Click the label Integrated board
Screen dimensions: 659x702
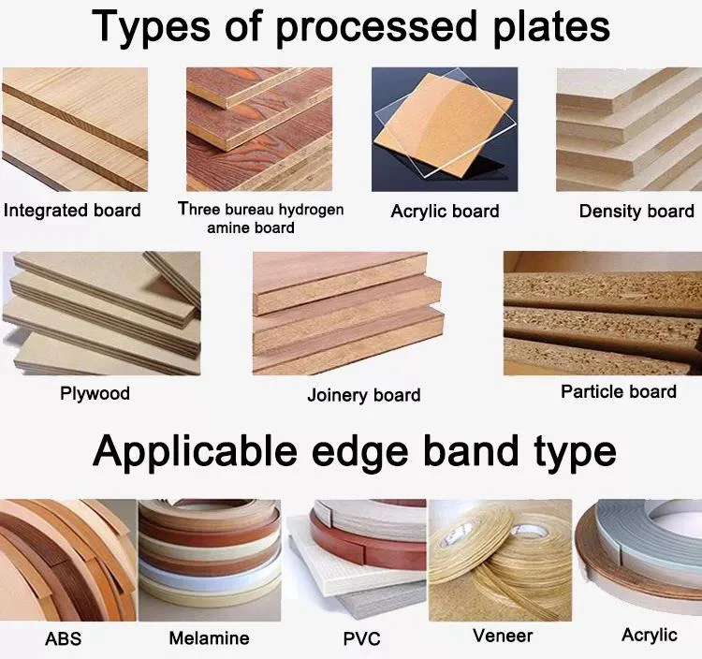click(x=72, y=210)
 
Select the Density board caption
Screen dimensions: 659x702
click(x=636, y=211)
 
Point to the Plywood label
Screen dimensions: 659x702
click(x=95, y=393)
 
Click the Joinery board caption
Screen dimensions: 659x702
click(x=363, y=395)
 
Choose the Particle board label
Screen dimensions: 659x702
click(x=618, y=391)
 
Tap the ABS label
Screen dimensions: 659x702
click(x=63, y=639)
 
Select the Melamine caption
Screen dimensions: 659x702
click(x=209, y=638)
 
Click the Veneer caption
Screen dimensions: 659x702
click(x=503, y=636)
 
